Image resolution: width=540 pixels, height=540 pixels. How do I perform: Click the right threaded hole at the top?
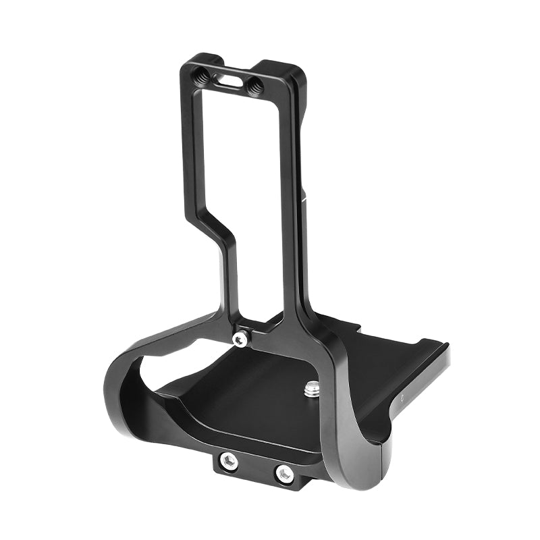coord(255,85)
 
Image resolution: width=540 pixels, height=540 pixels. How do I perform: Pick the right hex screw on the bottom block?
coord(283,473)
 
